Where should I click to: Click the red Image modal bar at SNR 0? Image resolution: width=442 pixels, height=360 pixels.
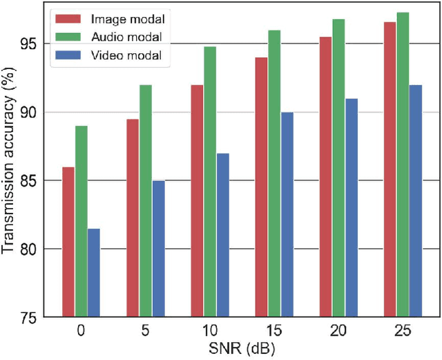click(68, 242)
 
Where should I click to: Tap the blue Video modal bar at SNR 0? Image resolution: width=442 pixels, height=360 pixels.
click(94, 272)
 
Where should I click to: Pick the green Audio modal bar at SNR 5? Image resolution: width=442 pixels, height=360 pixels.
click(146, 200)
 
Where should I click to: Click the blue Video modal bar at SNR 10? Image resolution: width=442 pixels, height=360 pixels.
click(223, 235)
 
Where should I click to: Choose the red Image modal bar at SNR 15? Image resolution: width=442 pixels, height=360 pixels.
click(262, 187)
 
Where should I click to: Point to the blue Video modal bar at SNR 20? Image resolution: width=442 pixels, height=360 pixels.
click(352, 207)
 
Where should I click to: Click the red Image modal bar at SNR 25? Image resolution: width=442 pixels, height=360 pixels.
click(390, 169)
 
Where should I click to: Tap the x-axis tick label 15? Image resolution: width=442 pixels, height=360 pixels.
click(274, 331)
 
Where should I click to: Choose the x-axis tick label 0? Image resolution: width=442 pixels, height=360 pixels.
click(81, 331)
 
